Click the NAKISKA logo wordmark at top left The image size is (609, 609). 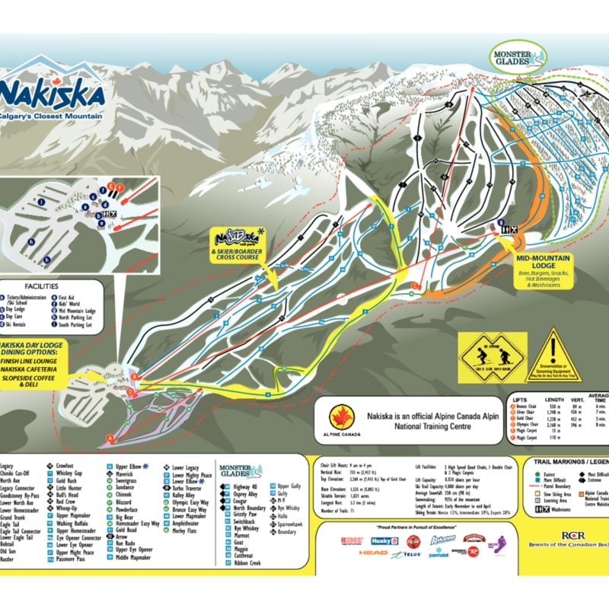(x=53, y=93)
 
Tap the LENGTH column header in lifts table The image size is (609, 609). (x=554, y=398)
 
